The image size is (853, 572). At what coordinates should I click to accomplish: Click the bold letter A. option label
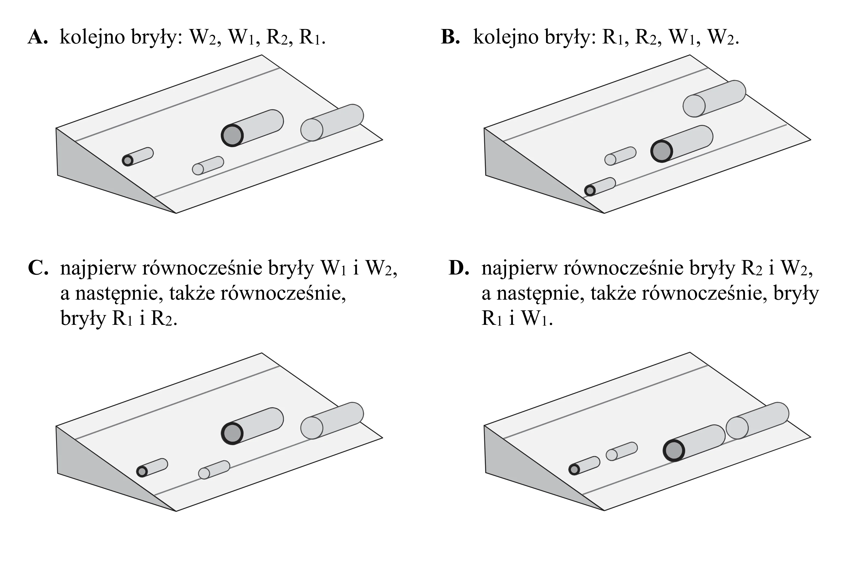coord(37,37)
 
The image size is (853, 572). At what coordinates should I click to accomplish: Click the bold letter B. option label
coord(450,37)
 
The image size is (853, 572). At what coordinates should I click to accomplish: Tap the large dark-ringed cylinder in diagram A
coord(252,128)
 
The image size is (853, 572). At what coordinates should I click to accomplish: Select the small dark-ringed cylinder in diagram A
coord(138,156)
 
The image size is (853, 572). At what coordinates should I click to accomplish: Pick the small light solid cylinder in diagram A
coord(208,166)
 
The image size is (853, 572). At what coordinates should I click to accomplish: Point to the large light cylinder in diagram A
coord(332,122)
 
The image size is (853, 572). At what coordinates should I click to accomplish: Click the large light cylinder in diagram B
coord(714,98)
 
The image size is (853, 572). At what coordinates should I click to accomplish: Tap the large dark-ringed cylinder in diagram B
coord(682,144)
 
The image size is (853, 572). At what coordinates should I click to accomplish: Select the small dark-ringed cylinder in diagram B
coord(600,187)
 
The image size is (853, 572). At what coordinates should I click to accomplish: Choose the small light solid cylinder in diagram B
coord(620,156)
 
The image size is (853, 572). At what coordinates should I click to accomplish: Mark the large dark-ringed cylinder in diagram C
coord(252,426)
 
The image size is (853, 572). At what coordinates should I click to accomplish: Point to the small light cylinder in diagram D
coord(622,451)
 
